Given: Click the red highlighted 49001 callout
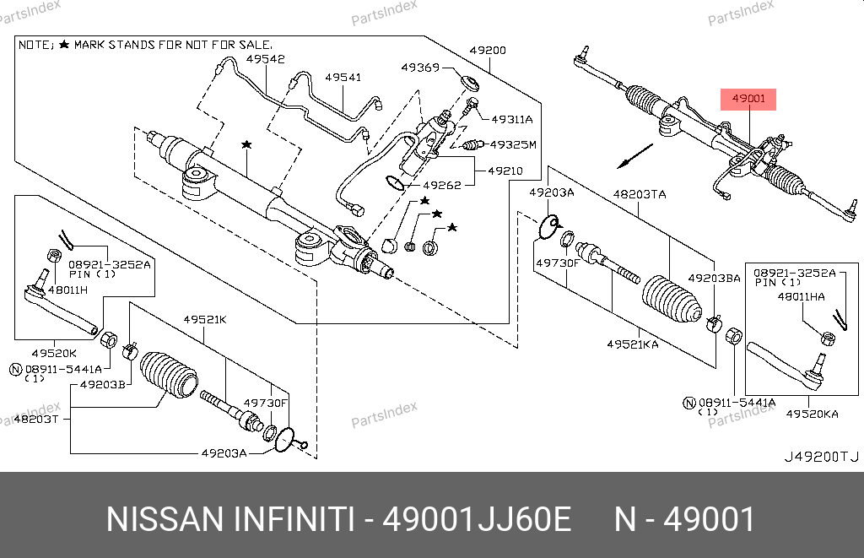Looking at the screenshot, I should tap(748, 99).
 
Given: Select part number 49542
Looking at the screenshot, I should tap(266, 59).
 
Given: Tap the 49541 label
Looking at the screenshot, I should tap(343, 77).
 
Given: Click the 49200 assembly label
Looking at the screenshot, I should tap(488, 50).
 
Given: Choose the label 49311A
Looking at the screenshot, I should tap(512, 119).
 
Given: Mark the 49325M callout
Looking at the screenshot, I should tap(513, 144).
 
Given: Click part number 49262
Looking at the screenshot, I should tap(442, 183).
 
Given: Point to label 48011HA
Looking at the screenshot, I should tap(803, 296).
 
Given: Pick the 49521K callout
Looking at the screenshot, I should tap(205, 319).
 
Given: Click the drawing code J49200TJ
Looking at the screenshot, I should tap(821, 457).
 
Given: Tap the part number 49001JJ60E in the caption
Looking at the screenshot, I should tap(477, 519).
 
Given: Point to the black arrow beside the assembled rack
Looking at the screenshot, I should tap(634, 155).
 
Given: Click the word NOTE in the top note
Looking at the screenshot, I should tap(35, 43).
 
